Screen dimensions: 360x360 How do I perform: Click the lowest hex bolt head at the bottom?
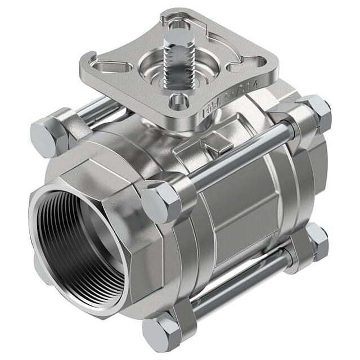click(160, 334)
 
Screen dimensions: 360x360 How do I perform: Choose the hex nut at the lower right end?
click(316, 240)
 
